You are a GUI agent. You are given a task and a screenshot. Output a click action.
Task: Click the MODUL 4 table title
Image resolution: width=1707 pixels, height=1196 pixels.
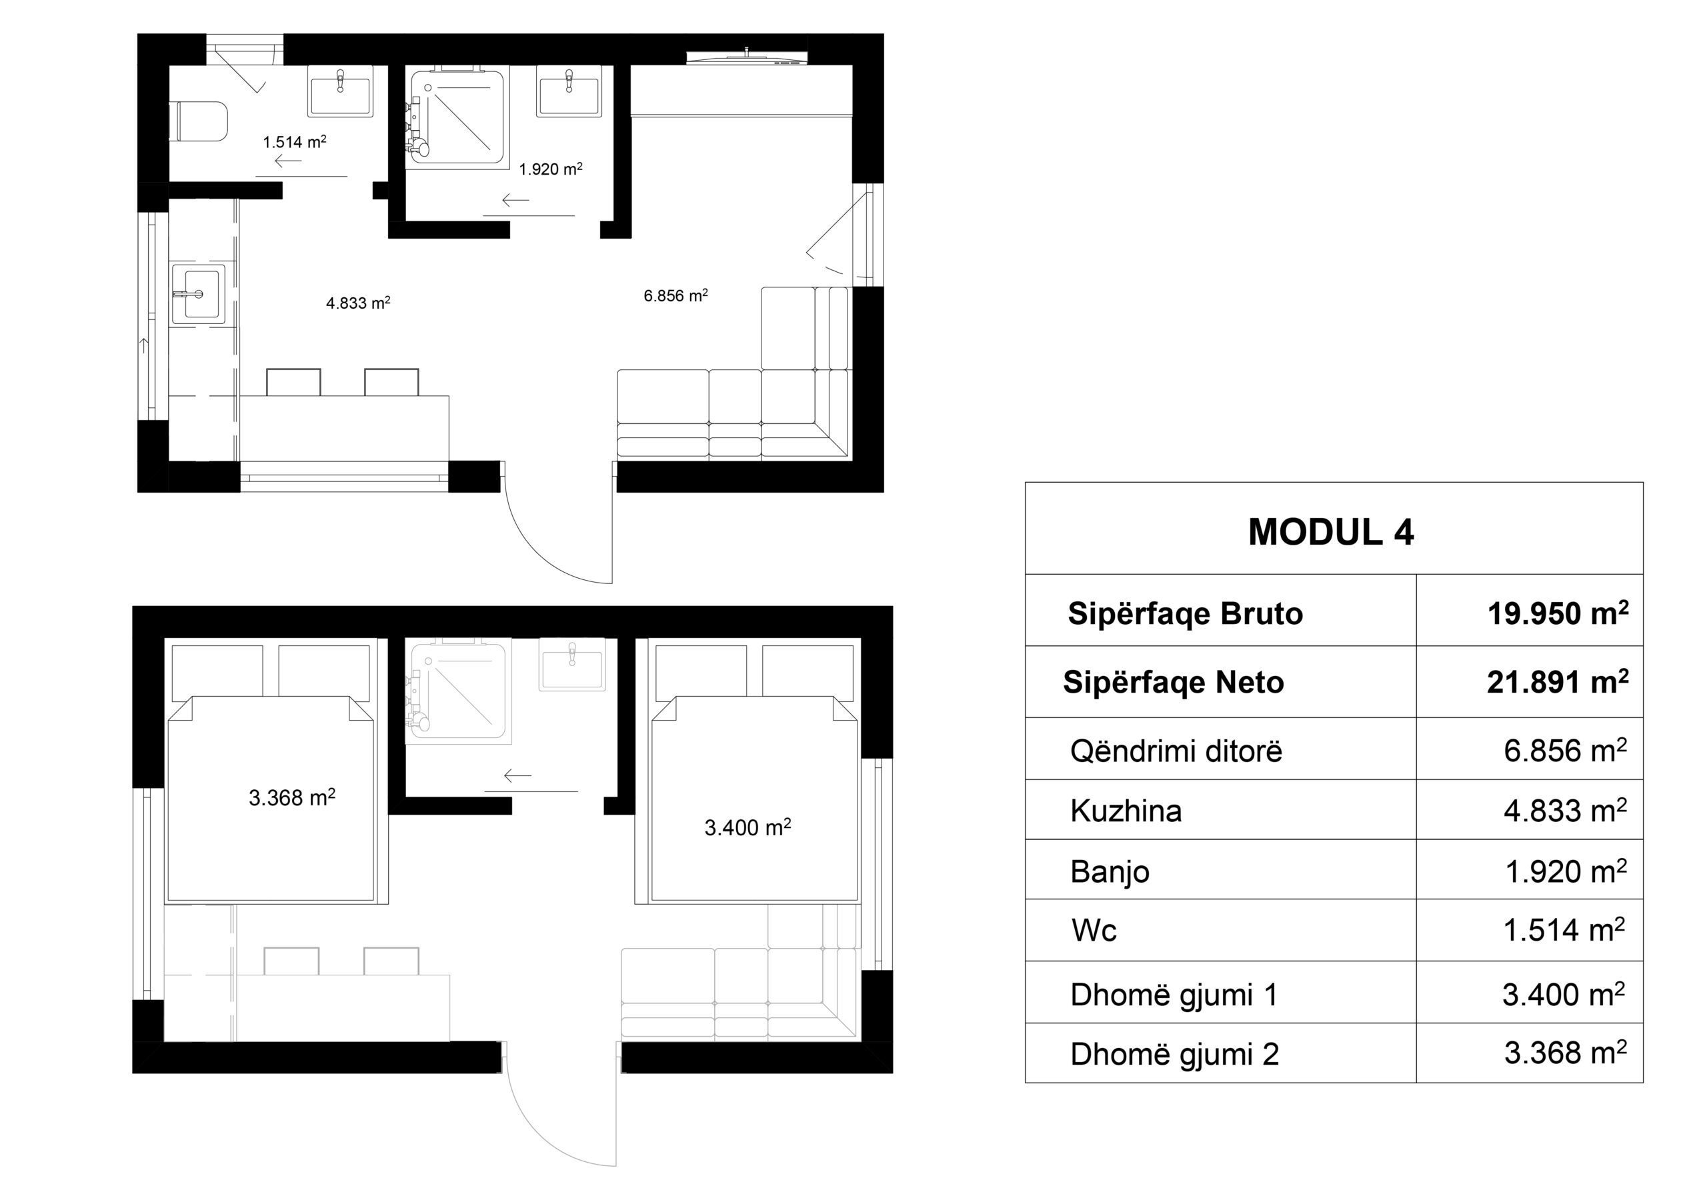pyautogui.click(x=1331, y=532)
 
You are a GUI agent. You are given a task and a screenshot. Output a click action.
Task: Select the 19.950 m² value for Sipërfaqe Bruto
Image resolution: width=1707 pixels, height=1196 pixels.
pyautogui.click(x=1558, y=613)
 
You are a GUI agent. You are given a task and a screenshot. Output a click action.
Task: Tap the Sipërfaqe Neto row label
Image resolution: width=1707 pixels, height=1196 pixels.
pyautogui.click(x=1173, y=683)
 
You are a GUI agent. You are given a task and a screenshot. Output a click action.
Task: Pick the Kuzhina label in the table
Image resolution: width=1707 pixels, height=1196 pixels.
pyautogui.click(x=1126, y=810)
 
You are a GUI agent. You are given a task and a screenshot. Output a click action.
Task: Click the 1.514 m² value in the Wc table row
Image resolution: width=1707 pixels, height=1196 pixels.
pyautogui.click(x=1564, y=930)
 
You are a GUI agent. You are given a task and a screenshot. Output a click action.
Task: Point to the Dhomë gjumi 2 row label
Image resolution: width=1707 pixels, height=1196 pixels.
pyautogui.click(x=1175, y=1054)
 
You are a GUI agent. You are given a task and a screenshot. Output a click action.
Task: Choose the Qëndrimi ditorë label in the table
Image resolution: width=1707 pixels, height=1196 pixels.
pyautogui.click(x=1176, y=751)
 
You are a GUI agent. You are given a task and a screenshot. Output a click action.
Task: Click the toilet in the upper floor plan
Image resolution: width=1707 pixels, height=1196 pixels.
pyautogui.click(x=199, y=121)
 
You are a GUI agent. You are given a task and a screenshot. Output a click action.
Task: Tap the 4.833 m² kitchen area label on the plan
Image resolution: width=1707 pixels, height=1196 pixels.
pyautogui.click(x=358, y=303)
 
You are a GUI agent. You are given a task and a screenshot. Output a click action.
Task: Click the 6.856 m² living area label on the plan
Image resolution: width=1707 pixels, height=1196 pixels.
pyautogui.click(x=675, y=295)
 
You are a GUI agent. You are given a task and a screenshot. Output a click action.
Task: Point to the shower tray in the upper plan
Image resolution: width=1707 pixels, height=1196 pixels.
pyautogui.click(x=455, y=115)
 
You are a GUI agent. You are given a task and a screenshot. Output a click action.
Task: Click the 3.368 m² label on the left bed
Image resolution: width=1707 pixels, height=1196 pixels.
pyautogui.click(x=292, y=797)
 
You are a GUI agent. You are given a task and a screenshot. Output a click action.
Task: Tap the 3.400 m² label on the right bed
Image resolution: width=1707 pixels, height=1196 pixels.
pyautogui.click(x=747, y=827)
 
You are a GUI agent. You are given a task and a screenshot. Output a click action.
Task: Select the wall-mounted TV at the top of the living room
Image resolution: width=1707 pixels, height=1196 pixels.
pyautogui.click(x=745, y=57)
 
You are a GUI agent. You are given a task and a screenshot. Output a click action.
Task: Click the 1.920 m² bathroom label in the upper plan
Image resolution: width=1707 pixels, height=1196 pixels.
pyautogui.click(x=550, y=169)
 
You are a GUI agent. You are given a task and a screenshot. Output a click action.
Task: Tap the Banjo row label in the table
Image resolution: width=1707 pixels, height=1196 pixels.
pyautogui.click(x=1110, y=871)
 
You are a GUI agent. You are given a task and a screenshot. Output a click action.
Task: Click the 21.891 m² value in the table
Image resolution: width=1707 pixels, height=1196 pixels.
pyautogui.click(x=1558, y=681)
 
